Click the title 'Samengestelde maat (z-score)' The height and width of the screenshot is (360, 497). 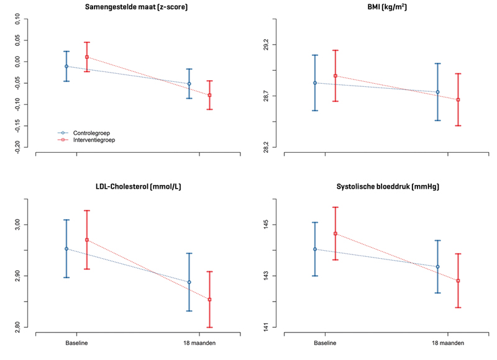(137, 7)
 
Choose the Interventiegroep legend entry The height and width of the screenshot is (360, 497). (94, 140)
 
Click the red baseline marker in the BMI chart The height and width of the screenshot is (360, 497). (335, 76)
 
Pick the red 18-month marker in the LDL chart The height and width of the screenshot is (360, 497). (209, 300)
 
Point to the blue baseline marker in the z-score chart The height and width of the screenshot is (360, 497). (66, 66)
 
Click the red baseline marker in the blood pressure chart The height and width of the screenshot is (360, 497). (335, 234)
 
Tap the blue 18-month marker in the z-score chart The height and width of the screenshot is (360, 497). (189, 84)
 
